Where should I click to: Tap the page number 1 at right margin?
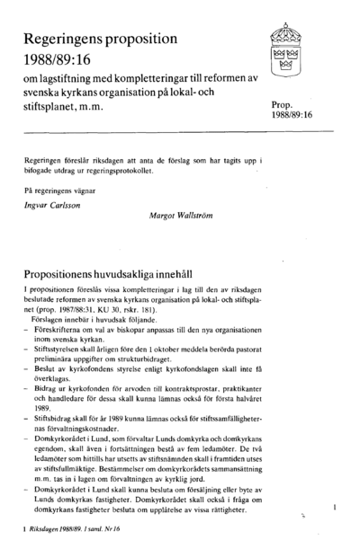(334, 509)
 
